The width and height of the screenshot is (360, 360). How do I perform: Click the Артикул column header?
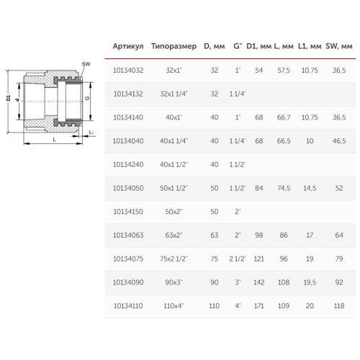click(x=128, y=46)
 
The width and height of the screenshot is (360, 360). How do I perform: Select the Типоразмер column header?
click(x=174, y=46)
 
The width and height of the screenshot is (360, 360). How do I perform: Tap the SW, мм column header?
click(x=339, y=46)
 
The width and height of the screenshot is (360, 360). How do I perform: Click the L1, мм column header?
click(x=310, y=46)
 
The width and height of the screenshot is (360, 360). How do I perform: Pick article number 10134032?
click(x=128, y=71)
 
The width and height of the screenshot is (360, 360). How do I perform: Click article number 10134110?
click(x=128, y=306)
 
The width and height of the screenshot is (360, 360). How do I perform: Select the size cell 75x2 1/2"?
click(x=174, y=258)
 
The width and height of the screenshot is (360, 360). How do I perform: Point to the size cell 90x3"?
click(x=174, y=282)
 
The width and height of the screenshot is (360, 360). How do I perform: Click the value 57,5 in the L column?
click(x=284, y=71)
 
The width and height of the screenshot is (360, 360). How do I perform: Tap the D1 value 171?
click(x=259, y=306)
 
